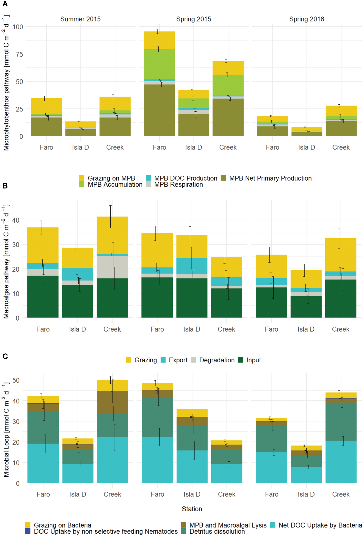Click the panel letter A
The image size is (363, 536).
tap(5, 4)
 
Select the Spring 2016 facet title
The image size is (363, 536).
tap(306, 19)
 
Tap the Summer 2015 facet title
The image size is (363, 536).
tap(80, 19)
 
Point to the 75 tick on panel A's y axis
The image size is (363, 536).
tap(18, 54)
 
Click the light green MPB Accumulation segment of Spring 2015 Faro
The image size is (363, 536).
tap(159, 64)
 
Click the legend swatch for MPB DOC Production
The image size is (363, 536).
tap(148, 178)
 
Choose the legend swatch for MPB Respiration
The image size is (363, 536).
tap(148, 184)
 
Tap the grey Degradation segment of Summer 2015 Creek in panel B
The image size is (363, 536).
tap(112, 267)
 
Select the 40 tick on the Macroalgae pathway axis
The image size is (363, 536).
tap(16, 220)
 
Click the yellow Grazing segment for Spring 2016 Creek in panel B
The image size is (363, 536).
tap(341, 255)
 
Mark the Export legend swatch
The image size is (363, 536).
tap(163, 360)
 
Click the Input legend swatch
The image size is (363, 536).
tap(241, 360)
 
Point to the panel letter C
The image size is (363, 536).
tap(5, 356)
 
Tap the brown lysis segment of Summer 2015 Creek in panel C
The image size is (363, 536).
tap(112, 402)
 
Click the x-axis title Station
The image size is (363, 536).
tap(192, 509)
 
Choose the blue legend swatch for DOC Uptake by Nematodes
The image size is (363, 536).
tap(28, 531)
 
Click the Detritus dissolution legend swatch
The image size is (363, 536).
tap(183, 531)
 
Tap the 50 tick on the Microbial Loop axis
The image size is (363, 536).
tap(16, 380)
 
